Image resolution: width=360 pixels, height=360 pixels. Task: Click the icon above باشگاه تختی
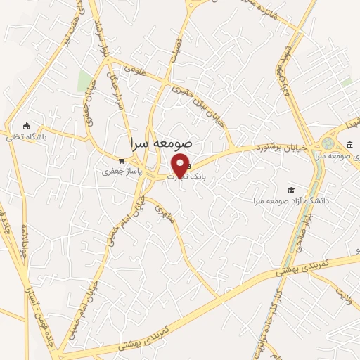[x=27, y=126]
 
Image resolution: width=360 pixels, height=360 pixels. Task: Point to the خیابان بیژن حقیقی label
[x=200, y=106]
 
